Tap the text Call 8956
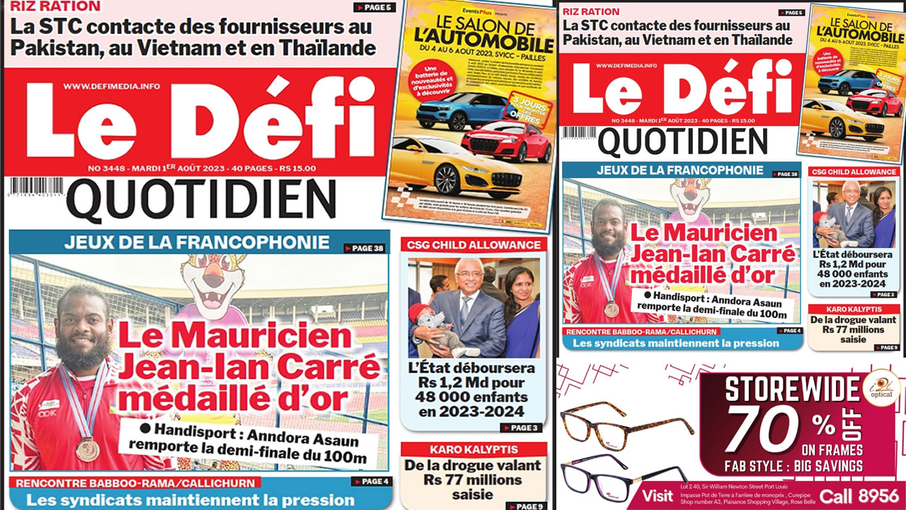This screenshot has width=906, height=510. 859,496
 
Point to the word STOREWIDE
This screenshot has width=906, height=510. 791,389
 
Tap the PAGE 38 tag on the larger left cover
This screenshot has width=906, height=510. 365,248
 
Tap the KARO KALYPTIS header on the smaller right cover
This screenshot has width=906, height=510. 855,309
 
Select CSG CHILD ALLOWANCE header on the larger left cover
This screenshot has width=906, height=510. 474,245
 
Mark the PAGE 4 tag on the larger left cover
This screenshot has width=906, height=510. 369,482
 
